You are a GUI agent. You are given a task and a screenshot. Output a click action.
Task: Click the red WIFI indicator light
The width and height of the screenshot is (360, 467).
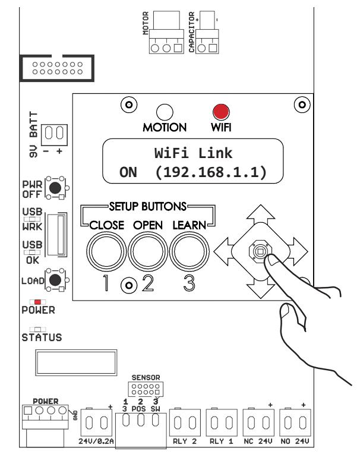coord(221,112)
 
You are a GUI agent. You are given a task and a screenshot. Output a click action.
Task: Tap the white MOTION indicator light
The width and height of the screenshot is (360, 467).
coord(165,112)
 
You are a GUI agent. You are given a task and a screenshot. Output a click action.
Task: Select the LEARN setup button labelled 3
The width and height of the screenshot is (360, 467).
coord(190,252)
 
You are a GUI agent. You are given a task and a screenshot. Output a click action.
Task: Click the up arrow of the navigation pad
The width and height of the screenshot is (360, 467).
coord(261,214)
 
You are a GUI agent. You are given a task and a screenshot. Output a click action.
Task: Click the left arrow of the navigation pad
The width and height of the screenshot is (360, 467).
coord(223,252)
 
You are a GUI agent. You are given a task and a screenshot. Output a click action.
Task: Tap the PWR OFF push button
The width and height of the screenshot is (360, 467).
coord(55,188)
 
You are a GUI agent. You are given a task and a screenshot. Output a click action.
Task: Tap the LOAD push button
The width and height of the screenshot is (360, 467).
coord(55,280)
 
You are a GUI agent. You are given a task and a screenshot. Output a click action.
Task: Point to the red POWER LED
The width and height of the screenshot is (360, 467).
coord(37,302)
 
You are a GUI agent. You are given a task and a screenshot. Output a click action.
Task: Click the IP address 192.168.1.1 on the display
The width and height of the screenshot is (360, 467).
coord(211,172)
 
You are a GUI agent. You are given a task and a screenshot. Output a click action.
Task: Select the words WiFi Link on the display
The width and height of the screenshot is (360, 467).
coord(193,153)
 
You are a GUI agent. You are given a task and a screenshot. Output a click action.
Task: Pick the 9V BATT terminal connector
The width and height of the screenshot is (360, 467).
coord(54,135)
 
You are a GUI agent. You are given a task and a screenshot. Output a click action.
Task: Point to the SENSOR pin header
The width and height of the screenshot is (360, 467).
coord(146,389)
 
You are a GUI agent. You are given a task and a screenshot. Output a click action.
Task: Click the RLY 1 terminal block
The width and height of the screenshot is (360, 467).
coord(222,423)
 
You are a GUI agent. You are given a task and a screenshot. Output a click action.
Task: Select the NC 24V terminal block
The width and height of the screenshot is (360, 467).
coord(258,423)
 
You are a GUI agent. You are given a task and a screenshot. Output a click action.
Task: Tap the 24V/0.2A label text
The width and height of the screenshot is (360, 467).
coord(96,441)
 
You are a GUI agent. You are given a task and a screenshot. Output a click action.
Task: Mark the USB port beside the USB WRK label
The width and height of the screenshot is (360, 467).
coord(57,235)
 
